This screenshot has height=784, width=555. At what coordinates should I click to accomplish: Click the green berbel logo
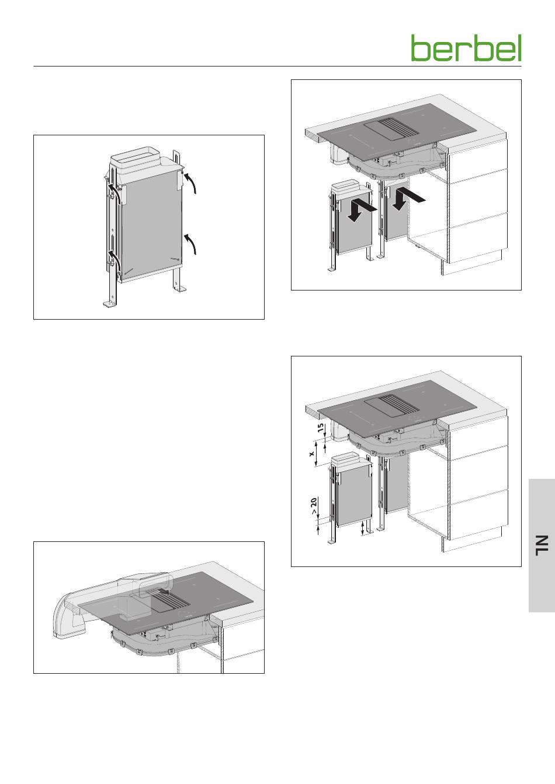click(x=466, y=48)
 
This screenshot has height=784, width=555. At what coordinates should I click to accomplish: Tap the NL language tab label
click(x=542, y=545)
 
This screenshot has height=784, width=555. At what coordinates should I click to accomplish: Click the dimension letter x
click(x=312, y=454)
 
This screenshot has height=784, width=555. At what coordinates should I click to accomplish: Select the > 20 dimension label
click(x=314, y=506)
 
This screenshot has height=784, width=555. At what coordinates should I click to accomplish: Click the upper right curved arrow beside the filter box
click(x=190, y=182)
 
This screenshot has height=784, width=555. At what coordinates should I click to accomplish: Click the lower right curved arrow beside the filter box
click(x=190, y=244)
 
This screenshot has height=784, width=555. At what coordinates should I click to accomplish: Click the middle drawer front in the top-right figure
click(x=478, y=199)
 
